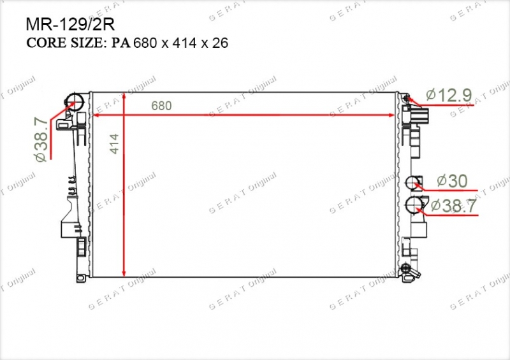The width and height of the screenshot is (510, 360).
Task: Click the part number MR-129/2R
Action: (70, 24)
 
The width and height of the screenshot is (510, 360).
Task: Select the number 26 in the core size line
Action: (220, 43)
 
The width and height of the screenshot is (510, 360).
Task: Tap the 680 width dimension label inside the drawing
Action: (161, 106)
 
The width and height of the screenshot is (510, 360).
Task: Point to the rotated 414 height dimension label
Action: (115, 144)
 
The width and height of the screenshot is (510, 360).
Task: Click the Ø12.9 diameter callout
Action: (449, 95)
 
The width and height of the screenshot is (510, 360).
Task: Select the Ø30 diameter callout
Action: (452, 181)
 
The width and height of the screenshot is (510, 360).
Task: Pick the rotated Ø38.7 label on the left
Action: (41, 140)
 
